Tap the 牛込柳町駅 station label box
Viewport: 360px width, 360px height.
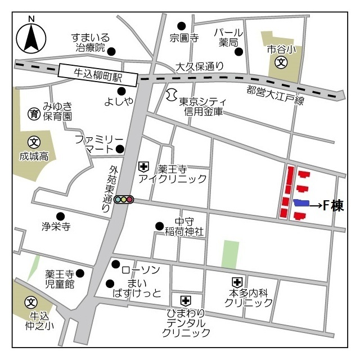98,75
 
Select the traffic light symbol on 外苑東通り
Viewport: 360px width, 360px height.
124,199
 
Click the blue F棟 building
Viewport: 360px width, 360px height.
301,203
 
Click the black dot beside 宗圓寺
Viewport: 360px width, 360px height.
181,25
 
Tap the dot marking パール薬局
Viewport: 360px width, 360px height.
239,52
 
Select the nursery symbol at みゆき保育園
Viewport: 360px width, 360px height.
34,114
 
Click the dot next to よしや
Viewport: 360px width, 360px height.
121,91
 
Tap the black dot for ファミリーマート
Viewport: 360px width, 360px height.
120,149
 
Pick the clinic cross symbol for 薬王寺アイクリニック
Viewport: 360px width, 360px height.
143,166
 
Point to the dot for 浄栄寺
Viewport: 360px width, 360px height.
61,216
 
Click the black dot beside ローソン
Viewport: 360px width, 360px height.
115,264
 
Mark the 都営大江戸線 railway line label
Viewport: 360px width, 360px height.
276,96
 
